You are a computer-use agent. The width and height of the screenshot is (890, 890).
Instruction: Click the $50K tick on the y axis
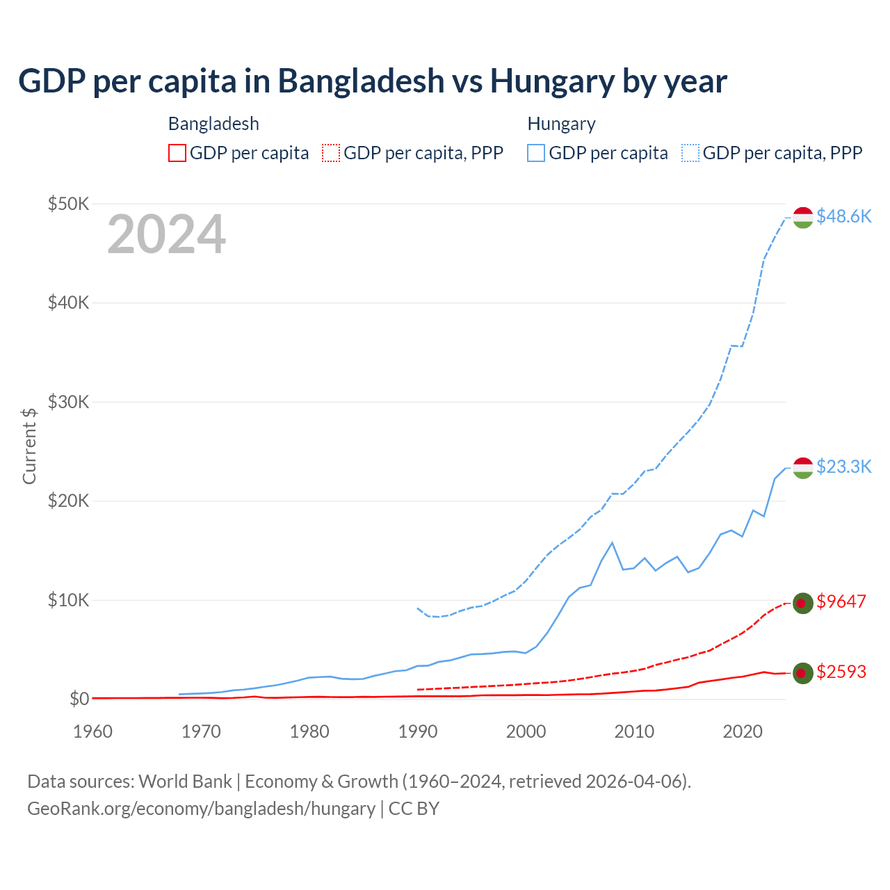click(68, 204)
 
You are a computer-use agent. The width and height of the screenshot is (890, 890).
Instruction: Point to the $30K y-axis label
click(68, 402)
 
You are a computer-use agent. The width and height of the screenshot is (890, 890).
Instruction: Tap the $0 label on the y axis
click(79, 699)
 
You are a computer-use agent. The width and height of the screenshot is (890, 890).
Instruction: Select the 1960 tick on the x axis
click(92, 731)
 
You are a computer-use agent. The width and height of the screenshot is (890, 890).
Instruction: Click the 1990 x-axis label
click(418, 731)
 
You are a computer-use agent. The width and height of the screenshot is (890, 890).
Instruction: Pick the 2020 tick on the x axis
click(743, 731)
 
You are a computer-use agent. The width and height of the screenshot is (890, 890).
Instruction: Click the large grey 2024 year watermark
click(166, 234)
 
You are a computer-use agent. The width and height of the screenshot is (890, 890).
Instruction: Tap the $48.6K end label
click(843, 216)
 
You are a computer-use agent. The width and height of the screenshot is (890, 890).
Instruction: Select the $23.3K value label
click(843, 467)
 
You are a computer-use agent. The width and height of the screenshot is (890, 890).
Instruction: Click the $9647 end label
click(841, 601)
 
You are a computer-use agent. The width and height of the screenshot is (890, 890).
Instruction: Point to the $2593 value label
click(841, 672)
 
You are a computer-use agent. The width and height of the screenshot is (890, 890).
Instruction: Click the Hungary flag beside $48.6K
click(803, 217)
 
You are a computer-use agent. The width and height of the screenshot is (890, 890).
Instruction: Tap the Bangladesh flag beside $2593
click(803, 672)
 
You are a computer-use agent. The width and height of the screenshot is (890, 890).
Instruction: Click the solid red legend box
click(177, 153)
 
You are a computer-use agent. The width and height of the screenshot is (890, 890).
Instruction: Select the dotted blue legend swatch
click(690, 153)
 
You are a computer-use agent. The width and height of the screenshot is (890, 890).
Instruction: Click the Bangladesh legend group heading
click(213, 124)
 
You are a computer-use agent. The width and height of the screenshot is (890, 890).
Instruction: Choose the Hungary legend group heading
click(561, 124)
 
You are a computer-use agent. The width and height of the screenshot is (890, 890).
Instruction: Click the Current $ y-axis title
click(29, 446)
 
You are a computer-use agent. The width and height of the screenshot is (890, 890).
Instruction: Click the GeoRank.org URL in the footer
click(201, 809)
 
